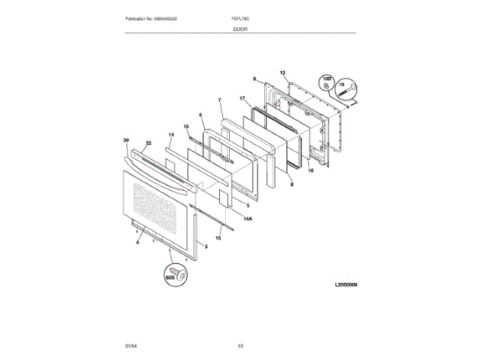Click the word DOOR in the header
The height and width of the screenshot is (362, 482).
(240, 28)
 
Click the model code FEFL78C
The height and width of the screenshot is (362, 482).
(240, 18)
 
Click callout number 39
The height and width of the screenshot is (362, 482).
(127, 140)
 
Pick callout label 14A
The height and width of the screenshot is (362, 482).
(249, 218)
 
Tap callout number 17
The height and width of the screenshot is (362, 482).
(243, 98)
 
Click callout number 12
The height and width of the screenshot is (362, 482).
(283, 73)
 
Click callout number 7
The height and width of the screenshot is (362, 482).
(219, 100)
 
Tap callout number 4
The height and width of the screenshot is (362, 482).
(138, 242)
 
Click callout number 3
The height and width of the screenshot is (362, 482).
(206, 247)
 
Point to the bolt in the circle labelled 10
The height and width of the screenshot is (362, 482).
(346, 93)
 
